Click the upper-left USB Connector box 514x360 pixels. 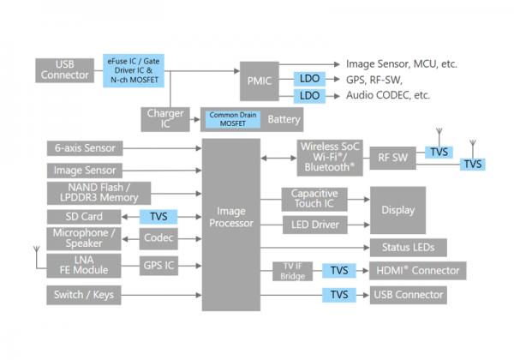pyautogui.click(x=64, y=70)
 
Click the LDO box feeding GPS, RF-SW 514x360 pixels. pyautogui.click(x=308, y=79)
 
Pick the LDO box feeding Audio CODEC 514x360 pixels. pyautogui.click(x=308, y=95)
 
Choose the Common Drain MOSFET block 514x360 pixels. pyautogui.click(x=230, y=118)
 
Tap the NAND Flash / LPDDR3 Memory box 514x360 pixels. pyautogui.click(x=99, y=193)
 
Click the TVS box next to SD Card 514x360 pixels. pyautogui.click(x=158, y=217)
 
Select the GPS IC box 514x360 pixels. pyautogui.click(x=159, y=265)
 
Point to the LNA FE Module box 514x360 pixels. pyautogui.click(x=91, y=265)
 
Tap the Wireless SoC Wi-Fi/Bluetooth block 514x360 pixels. pyautogui.click(x=332, y=157)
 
